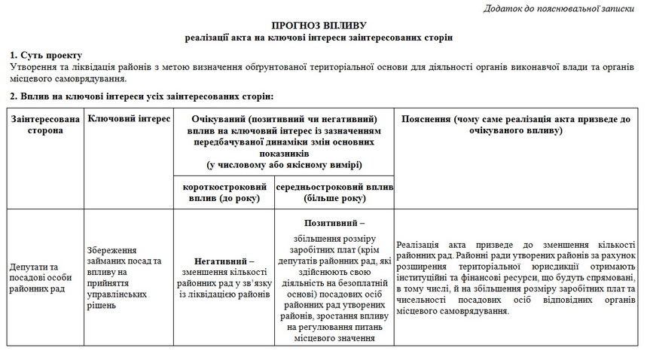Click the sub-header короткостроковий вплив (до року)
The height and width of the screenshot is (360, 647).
[224, 193]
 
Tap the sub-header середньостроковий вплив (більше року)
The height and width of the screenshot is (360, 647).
[334, 193]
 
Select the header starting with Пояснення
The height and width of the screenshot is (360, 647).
[517, 125]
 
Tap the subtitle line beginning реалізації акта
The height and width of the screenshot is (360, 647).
[323, 37]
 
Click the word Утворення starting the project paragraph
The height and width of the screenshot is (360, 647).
[32, 68]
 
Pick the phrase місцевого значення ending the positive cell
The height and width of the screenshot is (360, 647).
[334, 338]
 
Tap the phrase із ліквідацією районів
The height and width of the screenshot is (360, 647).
[224, 294]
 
